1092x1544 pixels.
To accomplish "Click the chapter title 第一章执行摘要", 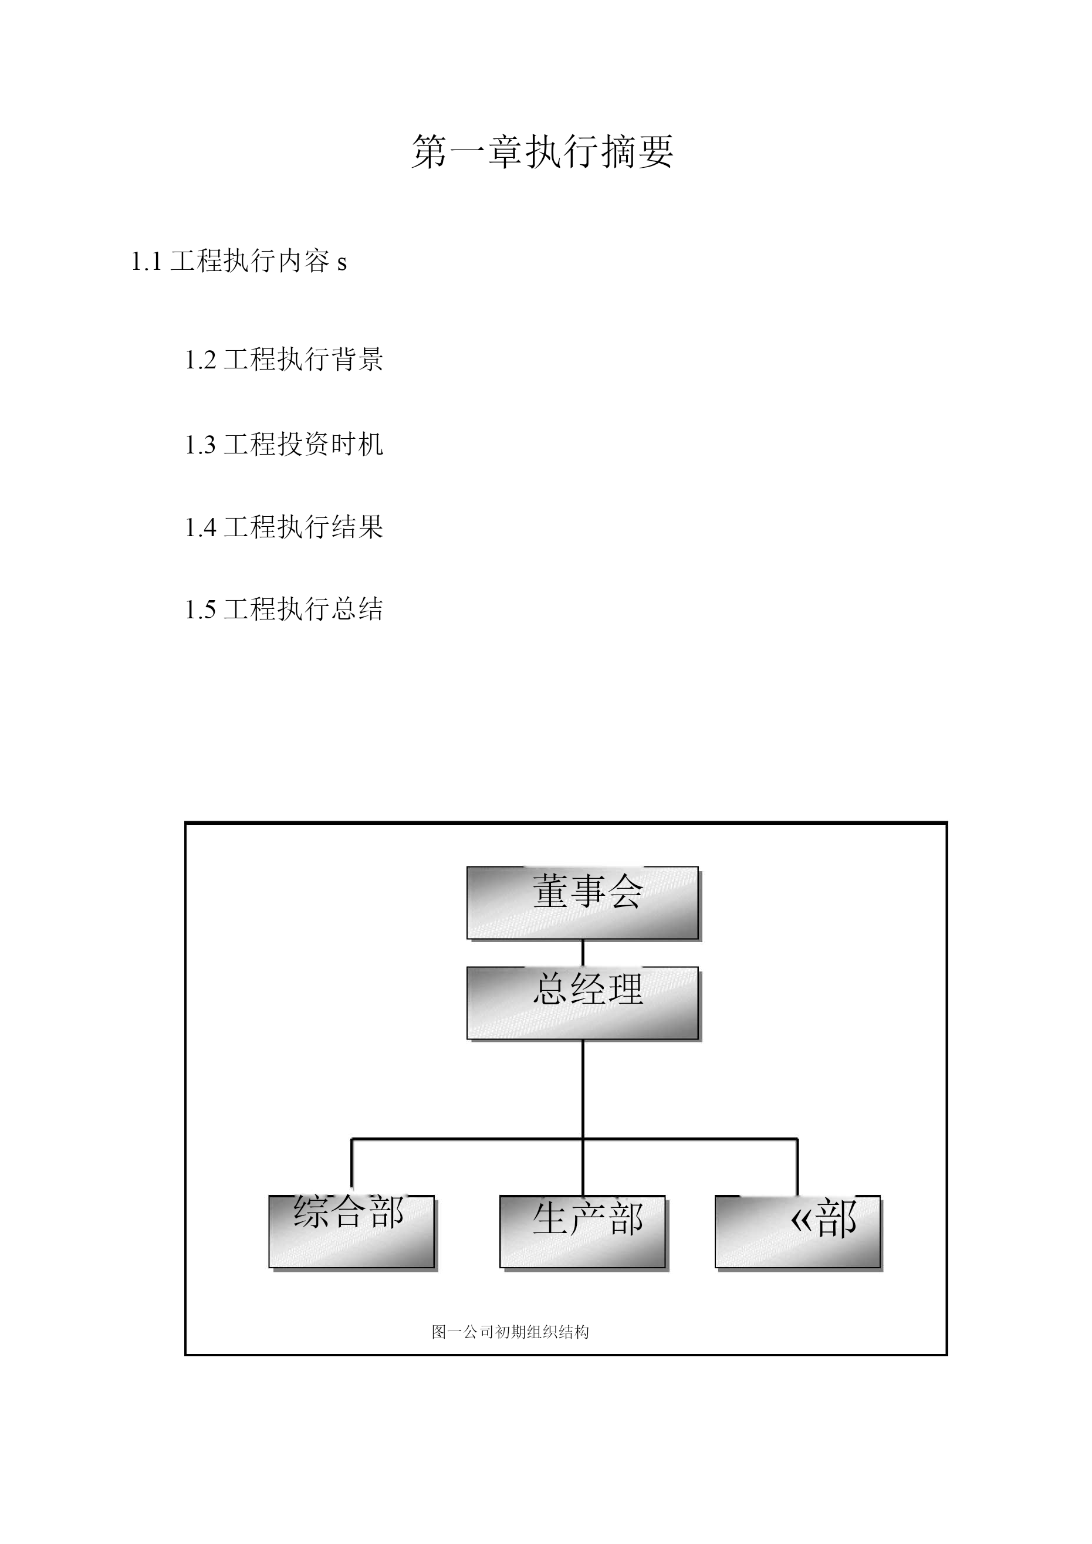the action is click(x=542, y=151).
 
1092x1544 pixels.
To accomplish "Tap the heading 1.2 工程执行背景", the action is click(x=284, y=359).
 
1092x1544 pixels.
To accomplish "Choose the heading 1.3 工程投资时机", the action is click(x=284, y=444).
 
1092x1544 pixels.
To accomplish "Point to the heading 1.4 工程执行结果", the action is click(x=284, y=527).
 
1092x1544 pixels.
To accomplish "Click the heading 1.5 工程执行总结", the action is click(x=284, y=610).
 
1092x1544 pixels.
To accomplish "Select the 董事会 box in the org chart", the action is click(x=583, y=902).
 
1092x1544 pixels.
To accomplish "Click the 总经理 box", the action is click(x=583, y=1003).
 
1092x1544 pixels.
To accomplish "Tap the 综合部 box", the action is click(x=352, y=1232).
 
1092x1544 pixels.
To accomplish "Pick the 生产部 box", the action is click(x=583, y=1232).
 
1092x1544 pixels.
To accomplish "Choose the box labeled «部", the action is click(x=798, y=1232).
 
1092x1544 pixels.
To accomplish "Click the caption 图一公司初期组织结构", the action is click(x=510, y=1332).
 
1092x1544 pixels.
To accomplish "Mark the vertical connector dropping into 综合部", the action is click(x=351, y=1167).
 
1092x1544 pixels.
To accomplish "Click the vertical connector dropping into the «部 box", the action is click(x=797, y=1167).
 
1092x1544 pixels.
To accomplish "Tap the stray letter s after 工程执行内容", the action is click(x=342, y=263).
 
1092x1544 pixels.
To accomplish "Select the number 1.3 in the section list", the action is click(x=201, y=445).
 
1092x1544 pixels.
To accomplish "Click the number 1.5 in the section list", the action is click(x=201, y=611).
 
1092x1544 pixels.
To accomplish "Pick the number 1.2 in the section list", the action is click(x=201, y=360).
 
